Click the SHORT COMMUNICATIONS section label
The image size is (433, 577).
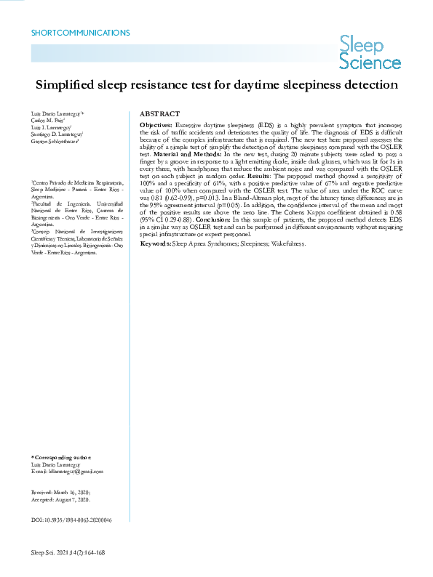pos(81,33)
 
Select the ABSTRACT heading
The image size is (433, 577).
pos(159,114)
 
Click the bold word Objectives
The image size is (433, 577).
pos(156,126)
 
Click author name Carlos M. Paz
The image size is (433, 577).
pos(48,121)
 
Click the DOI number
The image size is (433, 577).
pos(79,520)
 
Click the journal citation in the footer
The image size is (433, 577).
pos(68,552)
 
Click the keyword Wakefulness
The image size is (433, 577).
pos(286,243)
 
